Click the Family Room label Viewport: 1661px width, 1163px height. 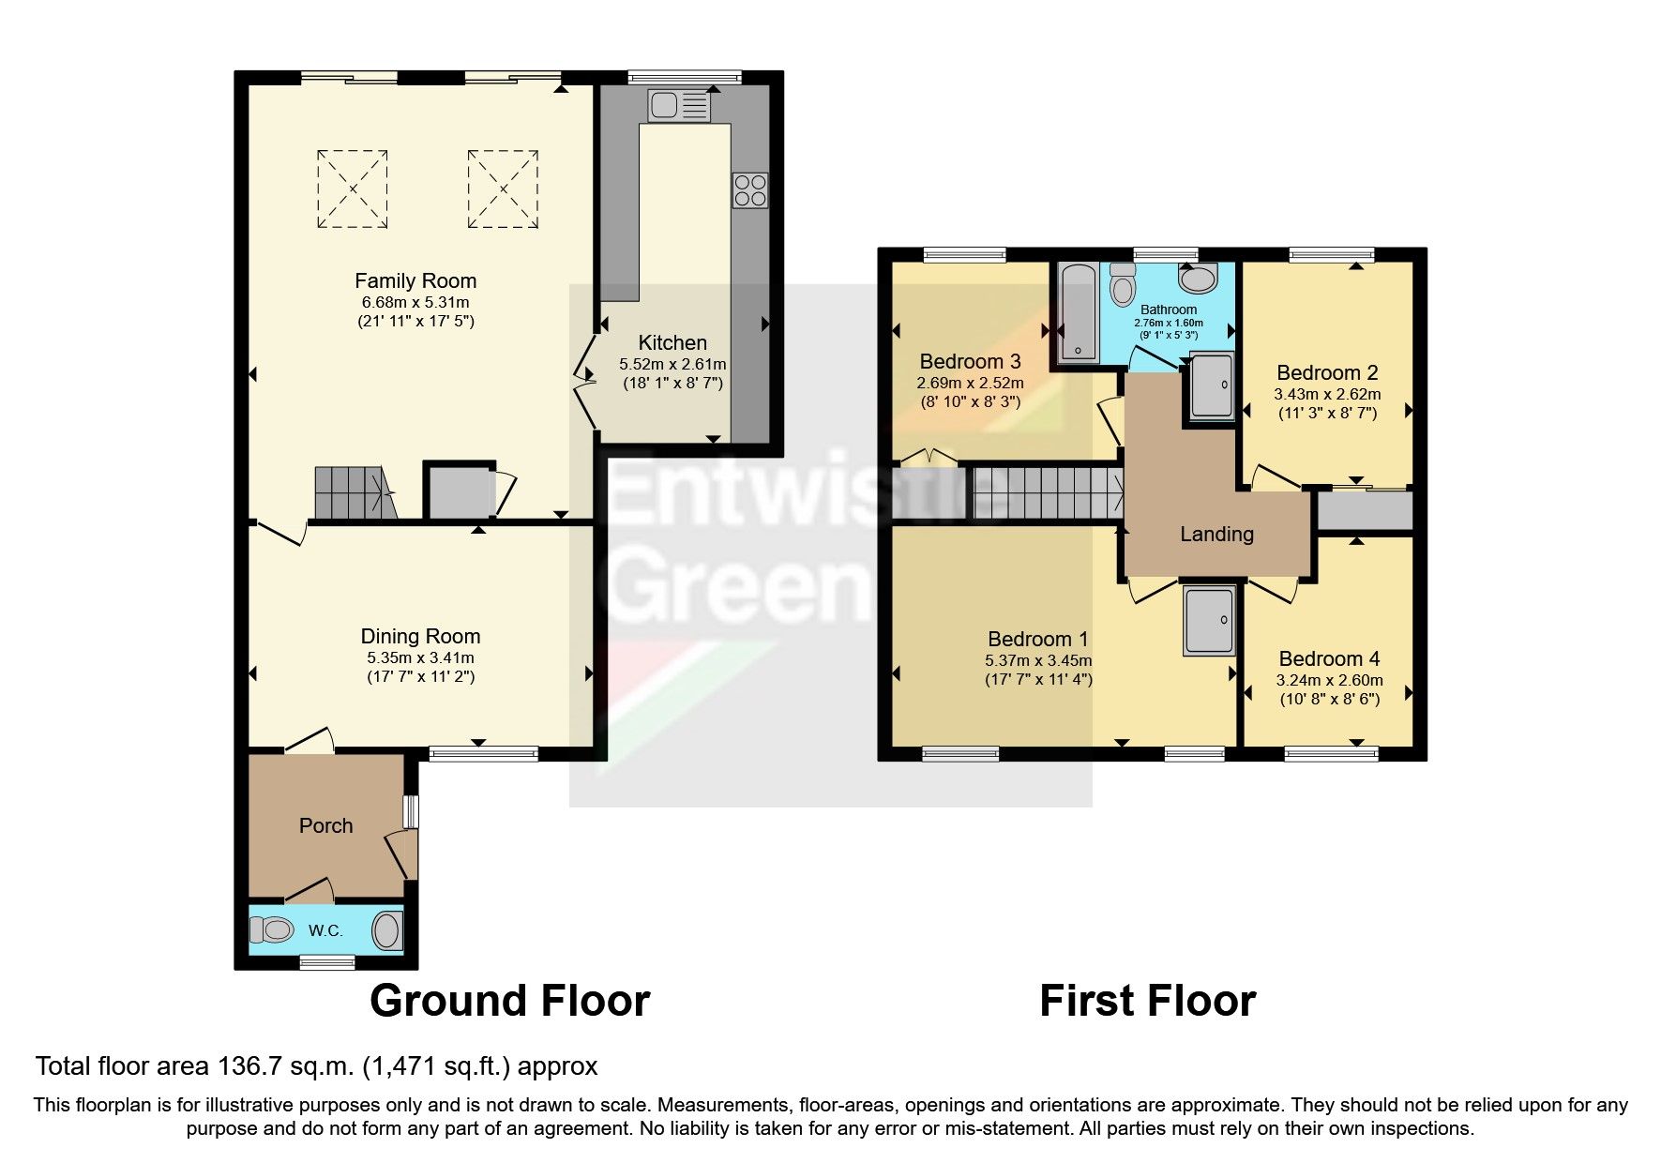[415, 280]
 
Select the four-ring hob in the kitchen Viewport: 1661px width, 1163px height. [750, 190]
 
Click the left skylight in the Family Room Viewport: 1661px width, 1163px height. [352, 189]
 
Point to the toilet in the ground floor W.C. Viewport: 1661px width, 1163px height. [272, 930]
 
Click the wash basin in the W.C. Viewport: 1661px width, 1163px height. [386, 931]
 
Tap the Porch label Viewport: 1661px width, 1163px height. [325, 825]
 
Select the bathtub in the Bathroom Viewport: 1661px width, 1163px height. [1078, 312]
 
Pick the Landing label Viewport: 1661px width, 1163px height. [1216, 534]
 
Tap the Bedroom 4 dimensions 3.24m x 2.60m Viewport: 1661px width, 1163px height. [1329, 681]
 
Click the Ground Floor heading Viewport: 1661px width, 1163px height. [509, 1001]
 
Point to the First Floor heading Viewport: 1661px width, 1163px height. [1147, 1001]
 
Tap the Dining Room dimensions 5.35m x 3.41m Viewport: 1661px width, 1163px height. [420, 658]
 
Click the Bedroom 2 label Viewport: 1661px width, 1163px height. [1326, 372]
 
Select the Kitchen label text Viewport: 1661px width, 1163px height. [672, 342]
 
